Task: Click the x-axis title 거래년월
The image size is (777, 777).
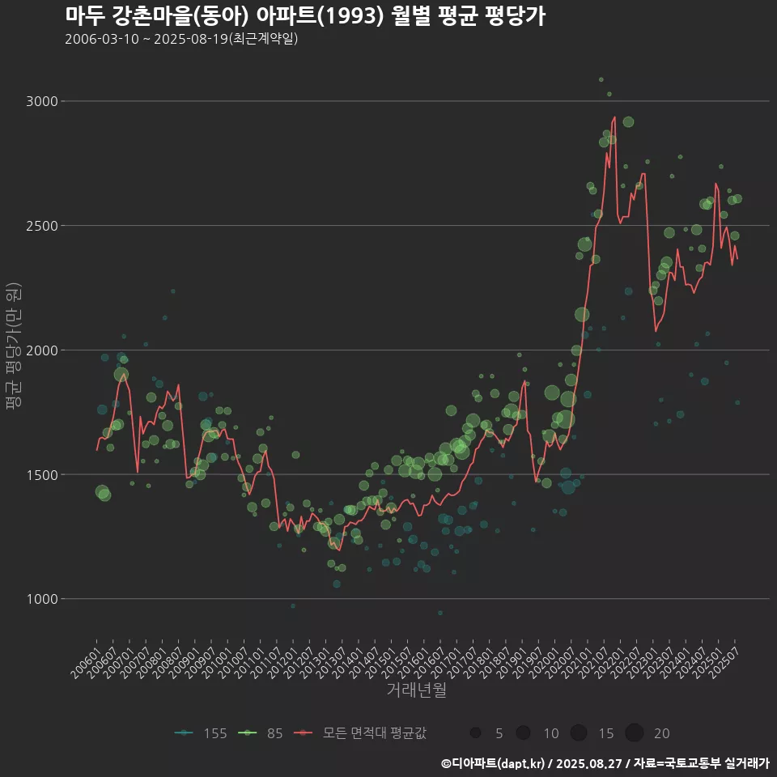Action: (416, 690)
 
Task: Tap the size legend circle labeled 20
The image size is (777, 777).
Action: (634, 733)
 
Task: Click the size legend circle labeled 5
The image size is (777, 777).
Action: (475, 733)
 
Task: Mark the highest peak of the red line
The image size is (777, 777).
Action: (614, 117)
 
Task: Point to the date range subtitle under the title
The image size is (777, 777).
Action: (181, 38)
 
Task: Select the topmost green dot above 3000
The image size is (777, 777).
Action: (601, 79)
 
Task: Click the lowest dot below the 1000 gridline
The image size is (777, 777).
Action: (439, 613)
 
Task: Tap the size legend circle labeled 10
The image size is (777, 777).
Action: (524, 733)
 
